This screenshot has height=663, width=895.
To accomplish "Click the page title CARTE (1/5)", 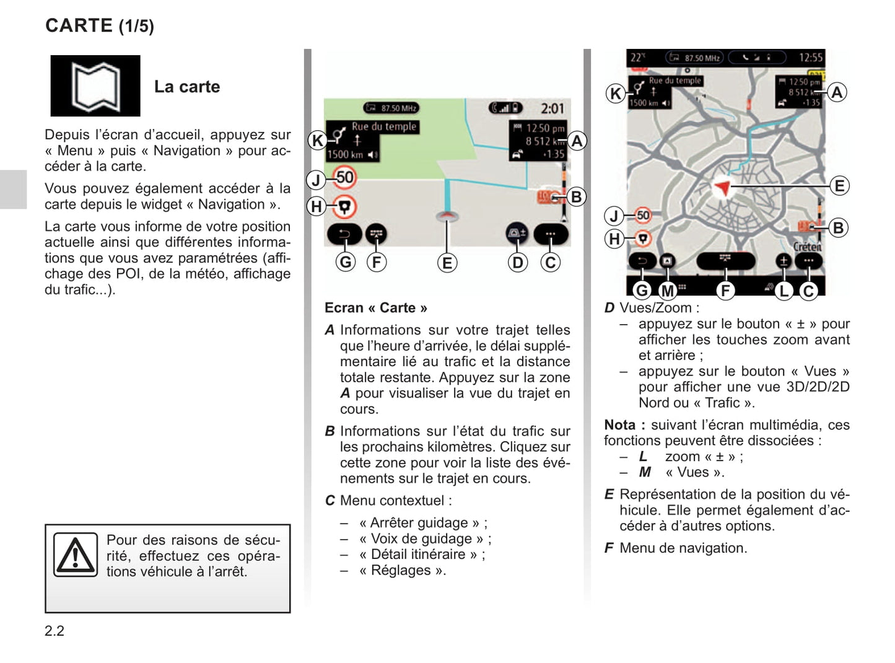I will [100, 25].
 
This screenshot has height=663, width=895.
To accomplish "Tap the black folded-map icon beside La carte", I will [95, 86].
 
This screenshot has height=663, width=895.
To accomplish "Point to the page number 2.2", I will [55, 631].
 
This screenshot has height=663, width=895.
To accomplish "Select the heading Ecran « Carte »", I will [375, 308].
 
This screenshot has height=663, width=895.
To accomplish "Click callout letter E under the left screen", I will [447, 263].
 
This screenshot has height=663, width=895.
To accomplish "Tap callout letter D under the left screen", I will [517, 263].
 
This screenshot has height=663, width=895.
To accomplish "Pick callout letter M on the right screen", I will [667, 290].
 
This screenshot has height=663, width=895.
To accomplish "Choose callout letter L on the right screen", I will [784, 290].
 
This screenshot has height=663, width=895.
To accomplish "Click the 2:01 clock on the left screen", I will [552, 108].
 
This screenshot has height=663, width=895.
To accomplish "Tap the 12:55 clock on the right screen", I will [810, 58].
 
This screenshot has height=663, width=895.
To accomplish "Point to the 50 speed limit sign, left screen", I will [344, 178].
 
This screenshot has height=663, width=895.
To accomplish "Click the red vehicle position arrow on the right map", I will [722, 187].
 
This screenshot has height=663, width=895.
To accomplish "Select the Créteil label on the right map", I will [808, 247].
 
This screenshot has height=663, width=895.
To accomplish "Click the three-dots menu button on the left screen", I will [550, 234].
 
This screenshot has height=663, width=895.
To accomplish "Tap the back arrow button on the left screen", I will [344, 234].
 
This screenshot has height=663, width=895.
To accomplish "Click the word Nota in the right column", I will [620, 425].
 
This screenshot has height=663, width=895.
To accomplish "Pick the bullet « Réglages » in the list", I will [402, 570].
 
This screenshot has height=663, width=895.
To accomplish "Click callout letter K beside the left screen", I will [317, 141].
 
